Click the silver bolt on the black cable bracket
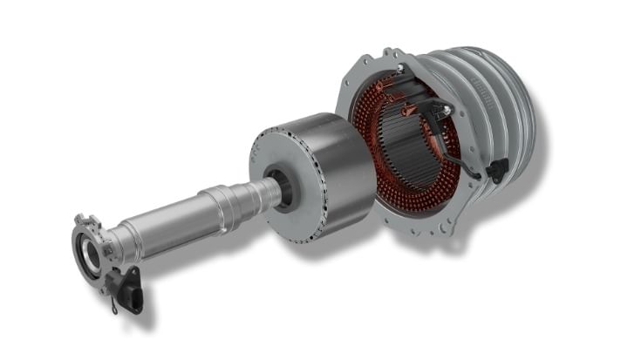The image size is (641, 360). point(447,111)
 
